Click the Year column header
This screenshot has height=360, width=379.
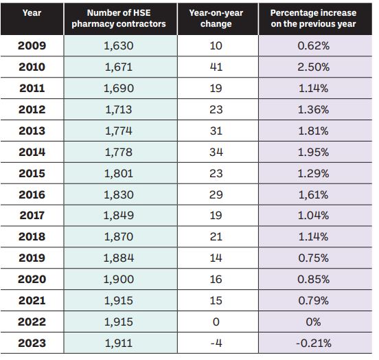[32, 13]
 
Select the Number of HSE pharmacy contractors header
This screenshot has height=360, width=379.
[119, 19]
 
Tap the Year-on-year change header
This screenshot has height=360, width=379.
[216, 19]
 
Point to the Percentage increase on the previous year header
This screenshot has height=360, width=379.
[313, 19]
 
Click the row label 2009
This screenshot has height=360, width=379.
[32, 46]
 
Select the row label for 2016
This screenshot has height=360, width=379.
[32, 194]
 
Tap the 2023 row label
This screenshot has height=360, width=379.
[32, 343]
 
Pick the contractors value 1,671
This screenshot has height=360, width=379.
[119, 67]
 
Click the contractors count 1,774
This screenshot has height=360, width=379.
[119, 131]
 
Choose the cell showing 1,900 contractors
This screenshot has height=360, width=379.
[119, 280]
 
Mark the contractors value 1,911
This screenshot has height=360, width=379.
[119, 343]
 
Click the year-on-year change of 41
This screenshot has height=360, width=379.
[216, 67]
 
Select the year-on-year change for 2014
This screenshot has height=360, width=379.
[216, 153]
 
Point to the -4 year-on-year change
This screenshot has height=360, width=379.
[216, 343]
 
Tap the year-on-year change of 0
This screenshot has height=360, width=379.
[216, 322]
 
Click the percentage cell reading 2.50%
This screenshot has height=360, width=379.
[314, 67]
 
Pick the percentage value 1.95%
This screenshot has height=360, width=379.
[314, 153]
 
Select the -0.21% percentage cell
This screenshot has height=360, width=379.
[314, 343]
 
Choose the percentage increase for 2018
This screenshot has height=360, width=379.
[314, 236]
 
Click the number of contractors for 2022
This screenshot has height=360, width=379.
[119, 322]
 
